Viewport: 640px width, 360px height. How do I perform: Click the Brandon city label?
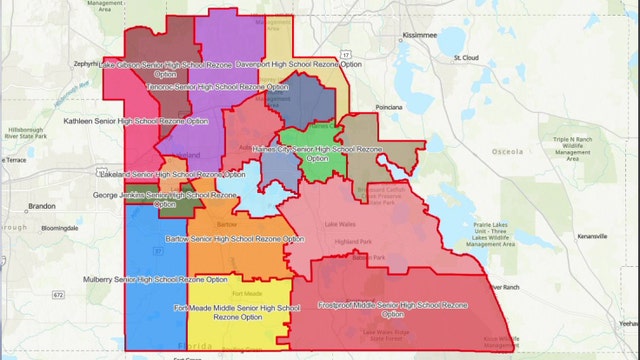(42, 206)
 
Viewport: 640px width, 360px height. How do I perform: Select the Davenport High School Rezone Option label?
(298, 63)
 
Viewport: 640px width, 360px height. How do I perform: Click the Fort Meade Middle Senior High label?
(236, 314)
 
